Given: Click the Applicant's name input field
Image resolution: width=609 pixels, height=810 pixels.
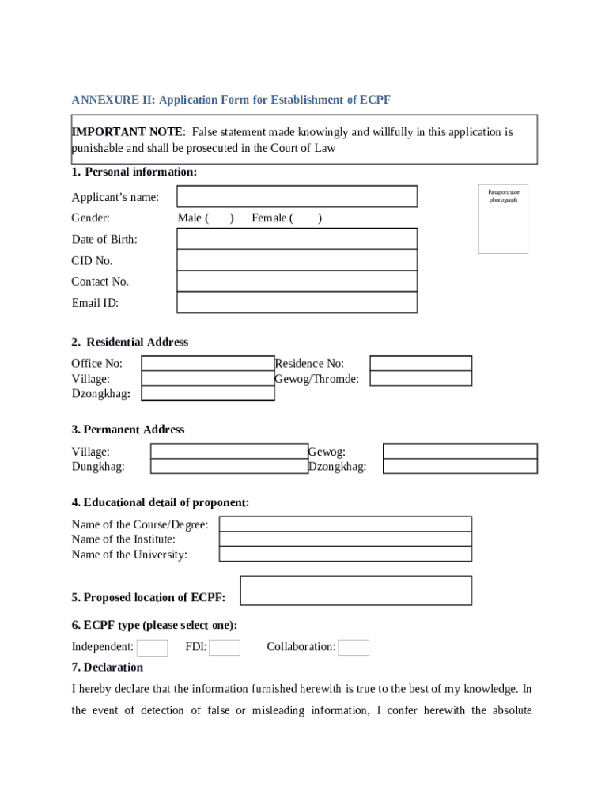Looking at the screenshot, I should [297, 196].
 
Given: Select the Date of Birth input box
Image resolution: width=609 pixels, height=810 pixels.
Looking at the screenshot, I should [297, 239].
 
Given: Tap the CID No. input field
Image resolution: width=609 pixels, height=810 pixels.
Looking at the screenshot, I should [297, 260].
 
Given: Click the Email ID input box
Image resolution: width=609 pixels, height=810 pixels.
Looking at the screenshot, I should [297, 302].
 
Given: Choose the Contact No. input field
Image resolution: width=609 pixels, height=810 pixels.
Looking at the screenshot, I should [297, 282].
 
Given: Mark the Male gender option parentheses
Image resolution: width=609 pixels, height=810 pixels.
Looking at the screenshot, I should [220, 218].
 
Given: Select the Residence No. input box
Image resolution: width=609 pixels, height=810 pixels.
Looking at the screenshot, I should [421, 363].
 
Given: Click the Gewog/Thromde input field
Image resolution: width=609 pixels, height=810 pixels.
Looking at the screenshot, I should [421, 378].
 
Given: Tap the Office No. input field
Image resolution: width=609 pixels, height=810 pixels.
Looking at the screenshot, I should [207, 363].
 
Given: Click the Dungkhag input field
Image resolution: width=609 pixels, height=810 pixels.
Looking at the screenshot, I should [229, 467].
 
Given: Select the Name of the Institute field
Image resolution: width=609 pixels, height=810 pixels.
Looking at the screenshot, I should [345, 539].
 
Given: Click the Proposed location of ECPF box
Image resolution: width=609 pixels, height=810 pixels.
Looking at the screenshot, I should [355, 590].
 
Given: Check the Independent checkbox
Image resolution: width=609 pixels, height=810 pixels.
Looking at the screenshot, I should [152, 648].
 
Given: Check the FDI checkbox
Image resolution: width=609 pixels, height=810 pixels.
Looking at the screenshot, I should [225, 648].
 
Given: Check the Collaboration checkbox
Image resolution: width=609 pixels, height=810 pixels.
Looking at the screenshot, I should [354, 648].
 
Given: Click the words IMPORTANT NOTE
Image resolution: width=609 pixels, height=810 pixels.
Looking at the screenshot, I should [127, 132].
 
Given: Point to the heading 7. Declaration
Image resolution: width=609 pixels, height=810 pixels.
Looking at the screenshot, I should [108, 668].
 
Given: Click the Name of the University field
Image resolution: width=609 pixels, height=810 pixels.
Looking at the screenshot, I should [345, 555].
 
